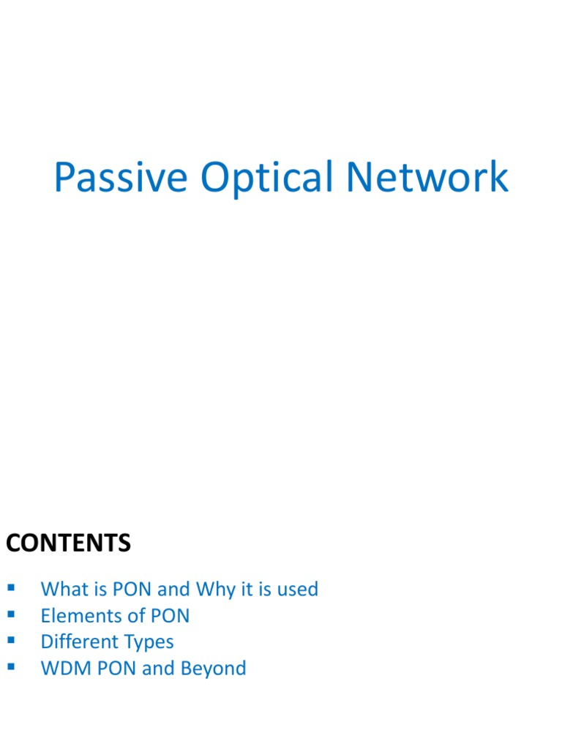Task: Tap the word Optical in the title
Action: point(270,178)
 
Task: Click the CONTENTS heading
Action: point(68,543)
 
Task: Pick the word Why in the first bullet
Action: point(214,590)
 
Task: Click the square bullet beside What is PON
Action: point(10,588)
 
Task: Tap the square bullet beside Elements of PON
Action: point(10,614)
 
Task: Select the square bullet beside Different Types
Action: point(10,641)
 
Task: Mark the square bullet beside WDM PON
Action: point(10,667)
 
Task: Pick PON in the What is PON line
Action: point(130,590)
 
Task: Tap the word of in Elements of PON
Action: point(130,616)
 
